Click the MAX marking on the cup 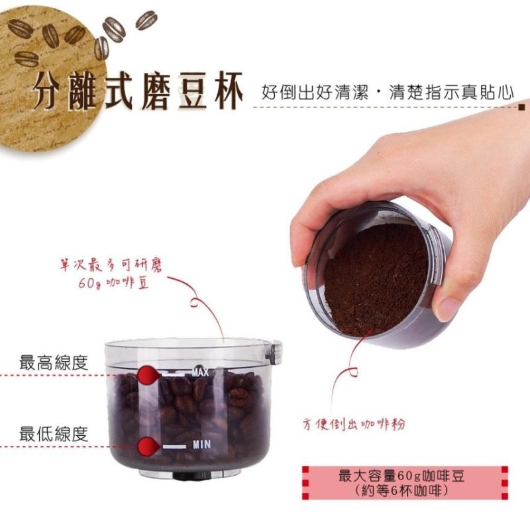[201, 373]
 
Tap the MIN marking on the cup [201, 443]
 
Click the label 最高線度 [54, 363]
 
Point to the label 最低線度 [54, 435]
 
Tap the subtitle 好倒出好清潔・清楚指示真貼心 [388, 92]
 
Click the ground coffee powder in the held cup [375, 278]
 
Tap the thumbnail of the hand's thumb [448, 308]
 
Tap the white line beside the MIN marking [176, 447]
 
